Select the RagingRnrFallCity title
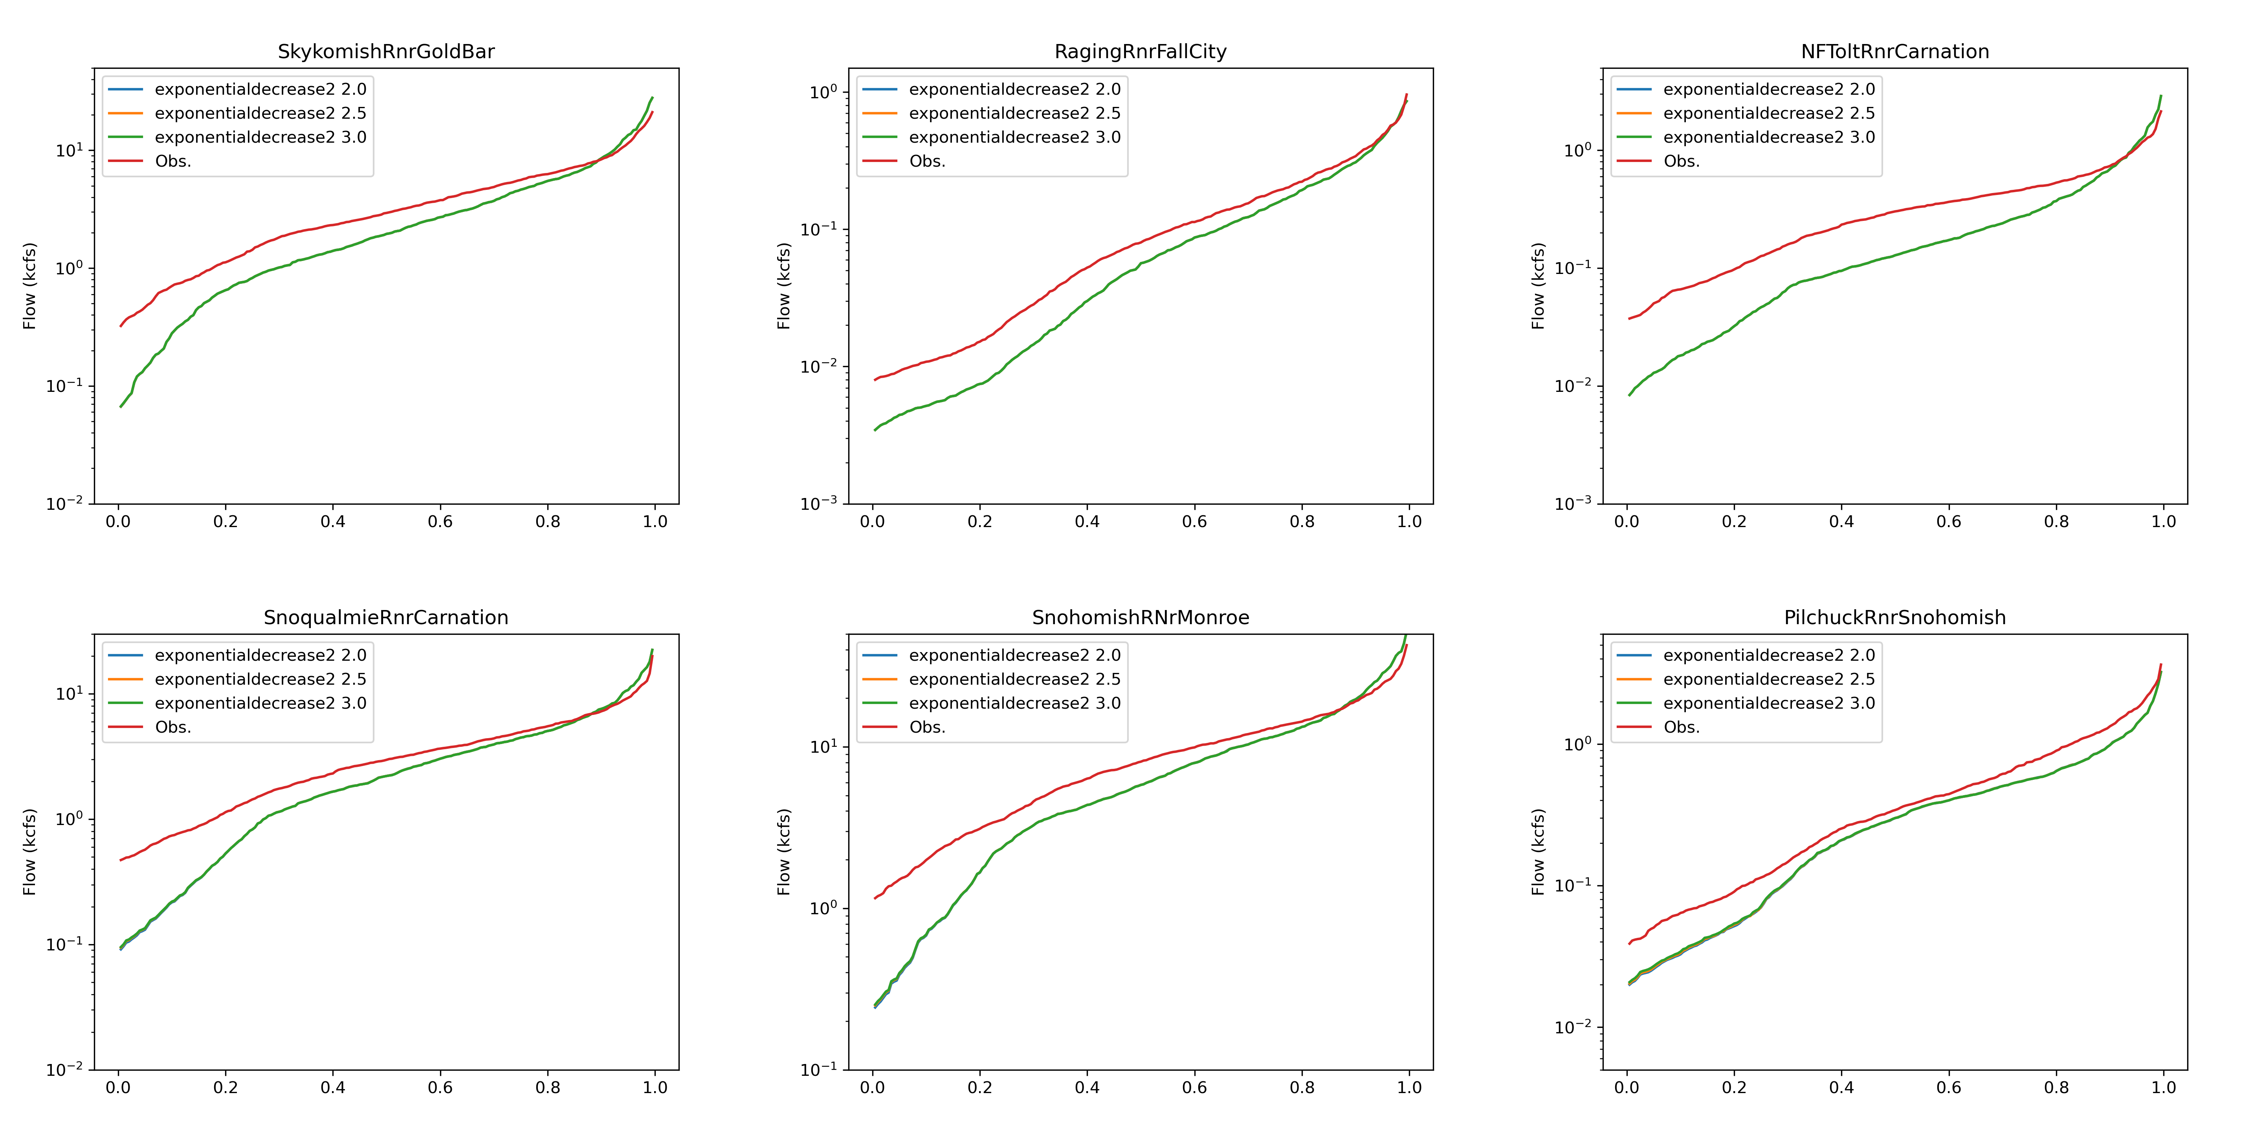(1140, 52)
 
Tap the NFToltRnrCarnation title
(1895, 52)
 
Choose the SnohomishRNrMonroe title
(1140, 618)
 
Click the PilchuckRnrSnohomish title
(1895, 618)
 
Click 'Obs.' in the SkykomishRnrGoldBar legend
(173, 161)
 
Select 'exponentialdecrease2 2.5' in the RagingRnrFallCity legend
(1015, 113)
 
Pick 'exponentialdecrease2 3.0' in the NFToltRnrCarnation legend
(1768, 137)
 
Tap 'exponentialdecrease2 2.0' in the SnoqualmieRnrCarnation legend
(260, 656)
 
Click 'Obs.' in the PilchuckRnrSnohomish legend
(1682, 727)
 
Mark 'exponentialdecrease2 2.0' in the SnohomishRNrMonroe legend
(1015, 656)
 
